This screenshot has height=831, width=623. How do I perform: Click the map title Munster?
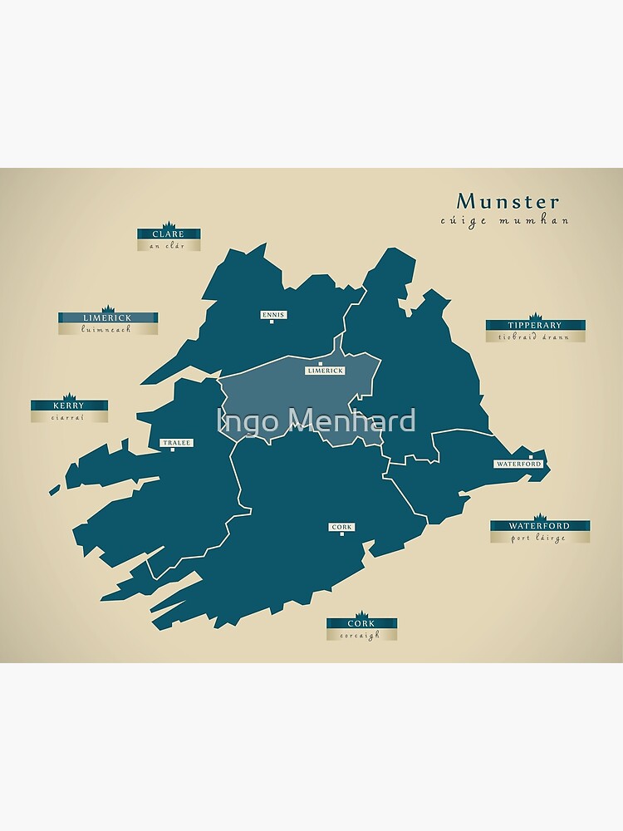508,202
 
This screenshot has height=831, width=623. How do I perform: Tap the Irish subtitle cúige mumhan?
505,221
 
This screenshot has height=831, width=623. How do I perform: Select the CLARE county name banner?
169,234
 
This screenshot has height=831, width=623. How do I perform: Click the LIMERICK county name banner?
107,317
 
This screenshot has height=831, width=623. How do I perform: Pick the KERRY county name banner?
69,406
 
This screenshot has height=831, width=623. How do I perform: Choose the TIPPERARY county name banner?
535,325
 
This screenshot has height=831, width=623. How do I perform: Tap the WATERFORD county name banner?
539,526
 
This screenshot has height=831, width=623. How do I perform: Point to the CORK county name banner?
361,623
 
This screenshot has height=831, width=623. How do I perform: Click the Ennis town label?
272,315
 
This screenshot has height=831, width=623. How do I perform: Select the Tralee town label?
176,443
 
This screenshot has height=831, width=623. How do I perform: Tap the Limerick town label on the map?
325,371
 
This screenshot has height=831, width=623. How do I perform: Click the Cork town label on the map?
341,527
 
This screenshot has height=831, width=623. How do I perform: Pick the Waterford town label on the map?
518,464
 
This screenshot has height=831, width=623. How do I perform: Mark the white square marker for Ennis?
272,322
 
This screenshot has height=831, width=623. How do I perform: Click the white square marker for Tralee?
173,450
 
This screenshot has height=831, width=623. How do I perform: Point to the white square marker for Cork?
341,534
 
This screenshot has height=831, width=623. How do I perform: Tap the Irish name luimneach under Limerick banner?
107,329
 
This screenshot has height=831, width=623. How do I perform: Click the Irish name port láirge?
539,538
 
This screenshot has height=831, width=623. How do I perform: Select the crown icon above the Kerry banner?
69,396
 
